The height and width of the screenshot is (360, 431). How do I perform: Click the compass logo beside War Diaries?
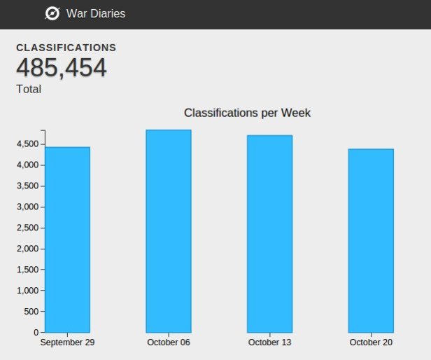click(x=52, y=13)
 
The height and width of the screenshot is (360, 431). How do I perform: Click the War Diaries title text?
click(x=96, y=13)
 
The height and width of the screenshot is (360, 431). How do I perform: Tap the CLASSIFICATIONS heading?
click(x=66, y=48)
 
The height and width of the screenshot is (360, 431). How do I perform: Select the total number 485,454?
click(x=62, y=69)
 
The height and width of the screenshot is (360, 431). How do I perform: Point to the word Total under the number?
click(x=29, y=89)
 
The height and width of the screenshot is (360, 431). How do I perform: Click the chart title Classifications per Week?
click(x=247, y=113)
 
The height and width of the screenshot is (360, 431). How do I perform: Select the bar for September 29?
click(x=67, y=240)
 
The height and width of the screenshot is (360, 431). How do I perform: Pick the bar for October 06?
click(x=168, y=231)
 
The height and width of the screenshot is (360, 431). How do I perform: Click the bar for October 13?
click(x=269, y=234)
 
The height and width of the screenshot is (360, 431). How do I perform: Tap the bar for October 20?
click(x=371, y=241)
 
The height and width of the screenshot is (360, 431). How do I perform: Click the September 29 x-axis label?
click(x=67, y=342)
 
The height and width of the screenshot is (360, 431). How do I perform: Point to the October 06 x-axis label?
click(x=169, y=342)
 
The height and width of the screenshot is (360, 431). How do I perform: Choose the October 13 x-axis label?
click(x=269, y=342)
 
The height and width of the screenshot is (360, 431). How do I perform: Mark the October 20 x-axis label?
click(x=371, y=342)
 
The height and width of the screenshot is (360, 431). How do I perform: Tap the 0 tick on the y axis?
click(x=35, y=332)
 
